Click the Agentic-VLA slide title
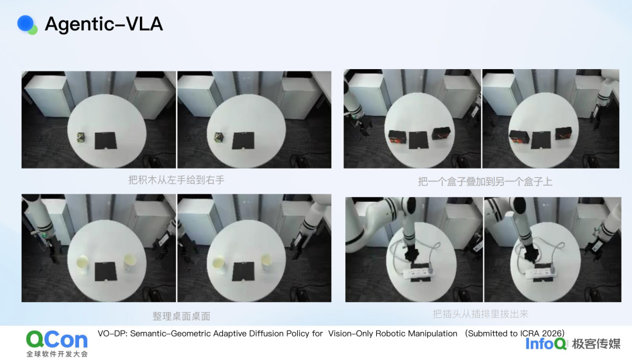pos(104,24)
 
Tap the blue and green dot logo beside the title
pos(27,25)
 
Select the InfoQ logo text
pos(546,344)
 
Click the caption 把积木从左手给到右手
pos(176,180)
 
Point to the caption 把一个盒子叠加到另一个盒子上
pos(485,181)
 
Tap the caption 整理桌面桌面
pos(181,316)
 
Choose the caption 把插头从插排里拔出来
pos(480,314)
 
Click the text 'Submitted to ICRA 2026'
pos(515,334)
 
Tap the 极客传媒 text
pos(596,344)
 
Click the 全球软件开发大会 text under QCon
pos(57,354)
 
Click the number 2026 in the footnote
pos(552,334)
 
